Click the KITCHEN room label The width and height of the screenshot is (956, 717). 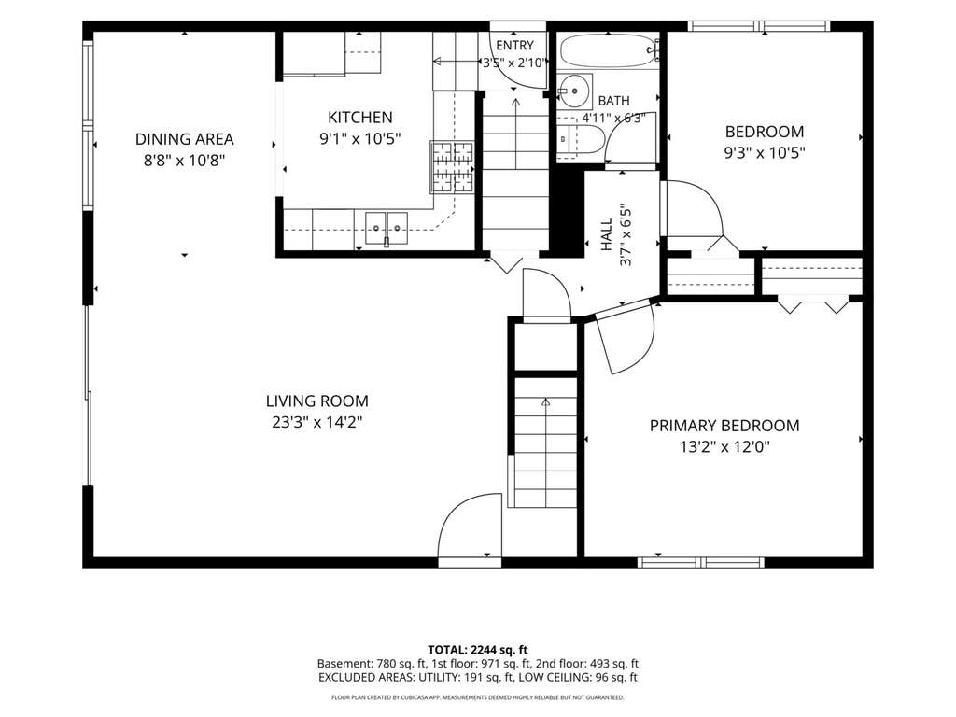coord(359,117)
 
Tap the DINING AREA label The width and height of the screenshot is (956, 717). coord(184,139)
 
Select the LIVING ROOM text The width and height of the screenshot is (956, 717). coord(317,401)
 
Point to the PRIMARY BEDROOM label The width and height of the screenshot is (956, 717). coord(724,426)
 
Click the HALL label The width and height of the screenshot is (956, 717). coord(607,234)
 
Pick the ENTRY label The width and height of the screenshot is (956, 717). coord(514,45)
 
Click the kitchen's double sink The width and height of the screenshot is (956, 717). coord(387,228)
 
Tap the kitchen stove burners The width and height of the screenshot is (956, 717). coord(452,167)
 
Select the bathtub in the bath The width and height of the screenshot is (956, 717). coord(610,50)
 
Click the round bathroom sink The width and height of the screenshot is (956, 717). coord(574,91)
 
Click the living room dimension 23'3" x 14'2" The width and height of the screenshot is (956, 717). coord(317,422)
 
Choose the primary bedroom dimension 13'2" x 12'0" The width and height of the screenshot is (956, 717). coord(724,447)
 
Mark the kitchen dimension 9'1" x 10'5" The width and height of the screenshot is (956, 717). coord(359,138)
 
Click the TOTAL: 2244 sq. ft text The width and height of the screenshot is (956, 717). coord(477,650)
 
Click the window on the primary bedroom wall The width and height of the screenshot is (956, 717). coord(700,561)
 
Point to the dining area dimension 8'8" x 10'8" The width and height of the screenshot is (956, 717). coord(184,161)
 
